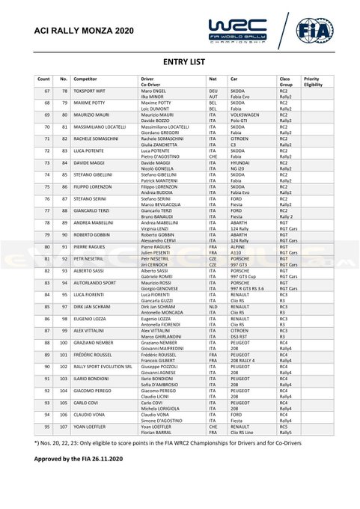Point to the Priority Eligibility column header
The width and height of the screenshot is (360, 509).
(x=314, y=81)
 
